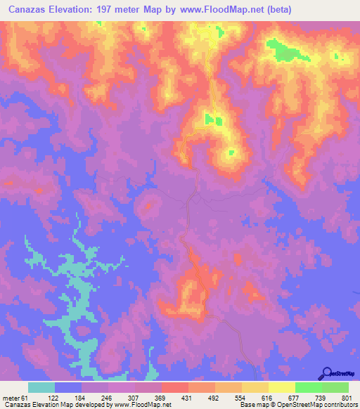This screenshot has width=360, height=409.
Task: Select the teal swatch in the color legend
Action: pyautogui.click(x=41, y=387)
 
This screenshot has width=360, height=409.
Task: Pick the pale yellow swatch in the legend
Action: pyautogui.click(x=282, y=387)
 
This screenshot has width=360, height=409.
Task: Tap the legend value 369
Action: pyautogui.click(x=160, y=398)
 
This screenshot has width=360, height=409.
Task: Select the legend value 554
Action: pyautogui.click(x=240, y=398)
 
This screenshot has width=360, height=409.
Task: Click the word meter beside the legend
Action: pyautogui.click(x=11, y=398)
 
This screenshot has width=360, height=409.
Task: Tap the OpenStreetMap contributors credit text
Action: pyautogui.click(x=314, y=405)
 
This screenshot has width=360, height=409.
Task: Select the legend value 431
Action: pyautogui.click(x=187, y=398)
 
